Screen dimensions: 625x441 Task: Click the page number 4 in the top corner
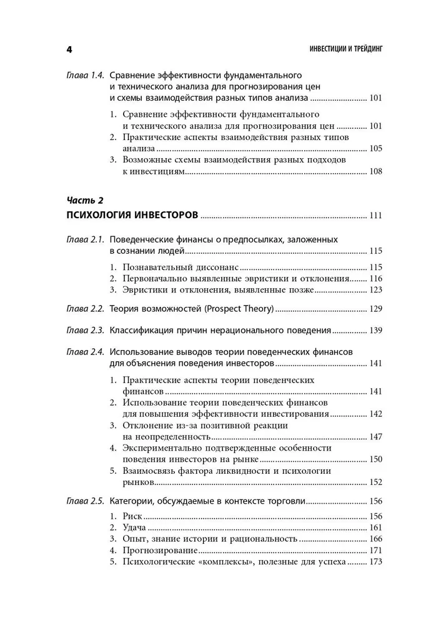click(x=69, y=49)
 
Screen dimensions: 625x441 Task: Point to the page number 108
click(x=375, y=172)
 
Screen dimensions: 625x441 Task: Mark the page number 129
click(x=375, y=309)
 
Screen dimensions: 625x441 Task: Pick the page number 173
click(x=375, y=562)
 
